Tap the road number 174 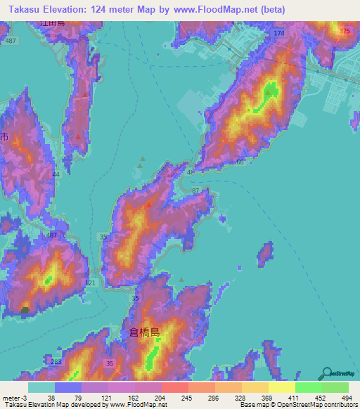click(x=280, y=34)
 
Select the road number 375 click(x=344, y=32)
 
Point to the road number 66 click(x=240, y=162)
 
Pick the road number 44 click(x=56, y=173)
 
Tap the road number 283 click(x=57, y=361)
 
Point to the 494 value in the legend click(x=335, y=397)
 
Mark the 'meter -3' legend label click(x=14, y=397)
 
